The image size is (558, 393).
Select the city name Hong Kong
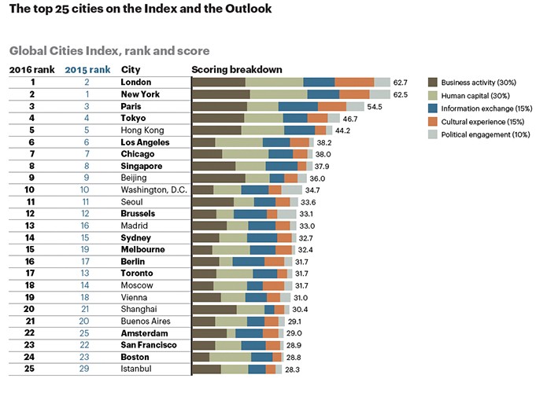pos(142,130)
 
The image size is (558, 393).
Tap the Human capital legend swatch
pos(431,95)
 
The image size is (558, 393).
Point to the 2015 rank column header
pos(87,69)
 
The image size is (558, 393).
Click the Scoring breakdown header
pos(237,69)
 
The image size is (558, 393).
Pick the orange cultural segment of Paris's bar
pos(332,106)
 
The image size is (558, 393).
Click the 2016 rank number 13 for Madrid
pos(32,226)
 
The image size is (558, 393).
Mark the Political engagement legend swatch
pos(431,134)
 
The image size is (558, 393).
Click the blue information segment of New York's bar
pos(323,94)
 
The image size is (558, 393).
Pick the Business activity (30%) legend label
pos(479,82)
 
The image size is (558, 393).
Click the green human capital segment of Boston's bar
pos(231,357)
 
